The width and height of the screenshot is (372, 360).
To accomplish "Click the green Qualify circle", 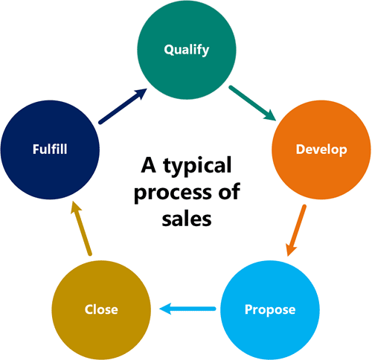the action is tap(187, 50).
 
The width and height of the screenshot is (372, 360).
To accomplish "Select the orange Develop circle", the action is tap(321, 150).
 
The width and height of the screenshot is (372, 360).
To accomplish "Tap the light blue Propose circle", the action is tap(270, 310).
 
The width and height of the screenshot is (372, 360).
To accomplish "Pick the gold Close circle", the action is tap(101, 310).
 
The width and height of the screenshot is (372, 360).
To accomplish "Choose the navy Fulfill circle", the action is tap(50, 150).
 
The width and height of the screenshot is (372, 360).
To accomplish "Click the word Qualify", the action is tap(187, 50).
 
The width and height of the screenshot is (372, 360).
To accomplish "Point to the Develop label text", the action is tap(321, 150).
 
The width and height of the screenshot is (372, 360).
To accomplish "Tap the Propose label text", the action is tap(270, 310).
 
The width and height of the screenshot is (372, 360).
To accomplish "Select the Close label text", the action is tap(101, 309).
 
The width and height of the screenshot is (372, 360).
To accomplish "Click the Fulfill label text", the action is tap(50, 150).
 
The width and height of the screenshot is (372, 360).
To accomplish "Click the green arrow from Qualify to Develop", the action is tap(252, 103).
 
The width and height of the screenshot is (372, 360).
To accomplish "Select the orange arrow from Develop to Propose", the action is tap(295, 231).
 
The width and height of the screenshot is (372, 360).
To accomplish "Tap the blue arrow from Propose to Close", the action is tap(187, 309).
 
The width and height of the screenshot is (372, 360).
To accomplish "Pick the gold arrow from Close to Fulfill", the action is tap(81, 228).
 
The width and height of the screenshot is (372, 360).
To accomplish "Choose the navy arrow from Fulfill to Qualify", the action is tap(123, 106).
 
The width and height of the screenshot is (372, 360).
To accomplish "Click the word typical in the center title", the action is tap(197, 166).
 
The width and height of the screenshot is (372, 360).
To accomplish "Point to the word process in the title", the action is tap(173, 193).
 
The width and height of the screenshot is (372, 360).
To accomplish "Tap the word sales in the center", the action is tap(187, 219).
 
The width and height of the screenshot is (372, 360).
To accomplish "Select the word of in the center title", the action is tap(229, 191).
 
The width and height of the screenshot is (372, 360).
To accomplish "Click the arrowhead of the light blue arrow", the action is tap(165, 309).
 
